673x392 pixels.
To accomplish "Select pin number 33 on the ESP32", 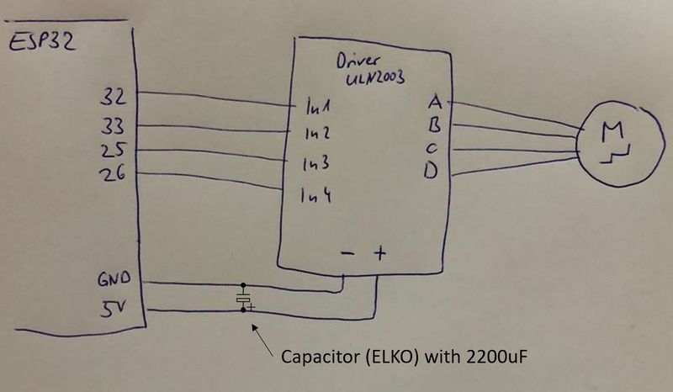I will [x=112, y=126].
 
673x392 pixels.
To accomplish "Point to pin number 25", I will [x=112, y=152].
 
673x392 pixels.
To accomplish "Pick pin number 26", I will [x=112, y=176].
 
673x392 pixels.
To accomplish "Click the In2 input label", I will [x=316, y=133].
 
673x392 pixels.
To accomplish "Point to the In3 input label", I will [x=316, y=163].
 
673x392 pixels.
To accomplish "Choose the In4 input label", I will [x=316, y=198].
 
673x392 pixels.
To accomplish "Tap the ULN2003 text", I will [x=376, y=78].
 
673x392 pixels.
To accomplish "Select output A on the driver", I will [x=435, y=102].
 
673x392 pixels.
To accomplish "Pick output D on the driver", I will [x=432, y=172].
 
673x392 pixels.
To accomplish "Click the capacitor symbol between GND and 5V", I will [x=244, y=299].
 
